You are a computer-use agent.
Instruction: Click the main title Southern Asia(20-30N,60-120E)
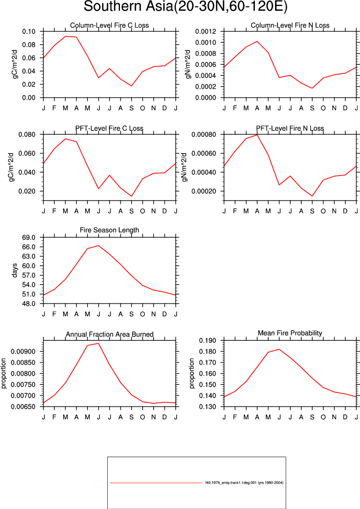point(185,6)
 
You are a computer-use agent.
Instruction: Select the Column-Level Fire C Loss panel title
point(109,25)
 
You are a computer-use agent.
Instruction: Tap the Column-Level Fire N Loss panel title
point(290,25)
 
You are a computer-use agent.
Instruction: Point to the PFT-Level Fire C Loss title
point(109,128)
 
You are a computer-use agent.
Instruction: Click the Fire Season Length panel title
point(109,230)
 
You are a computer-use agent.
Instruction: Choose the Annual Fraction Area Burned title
point(109,334)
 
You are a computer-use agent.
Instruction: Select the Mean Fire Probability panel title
point(290,333)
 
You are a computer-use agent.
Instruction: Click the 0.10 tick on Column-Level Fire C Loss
point(29,31)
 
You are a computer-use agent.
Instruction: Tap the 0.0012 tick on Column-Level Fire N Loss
point(205,31)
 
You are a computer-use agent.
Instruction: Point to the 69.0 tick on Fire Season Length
point(29,238)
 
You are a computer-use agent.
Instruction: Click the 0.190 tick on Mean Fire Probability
point(208,341)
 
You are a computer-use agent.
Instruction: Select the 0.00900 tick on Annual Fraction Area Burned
point(23,351)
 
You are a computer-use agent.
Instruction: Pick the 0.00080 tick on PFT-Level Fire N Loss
point(203,134)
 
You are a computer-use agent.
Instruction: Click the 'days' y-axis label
point(15,271)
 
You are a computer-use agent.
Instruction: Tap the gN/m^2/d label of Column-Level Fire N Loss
point(188,64)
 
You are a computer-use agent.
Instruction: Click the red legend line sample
point(156,483)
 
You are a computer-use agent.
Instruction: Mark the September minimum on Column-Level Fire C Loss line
point(132,85)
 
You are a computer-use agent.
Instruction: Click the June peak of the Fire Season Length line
point(98,245)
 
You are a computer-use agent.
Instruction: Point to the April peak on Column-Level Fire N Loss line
point(257,41)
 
